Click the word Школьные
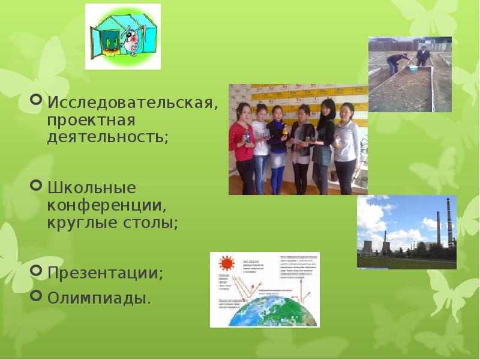[92, 188]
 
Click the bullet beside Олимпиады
[36, 295]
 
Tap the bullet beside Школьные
[36, 185]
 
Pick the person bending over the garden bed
[395, 62]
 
